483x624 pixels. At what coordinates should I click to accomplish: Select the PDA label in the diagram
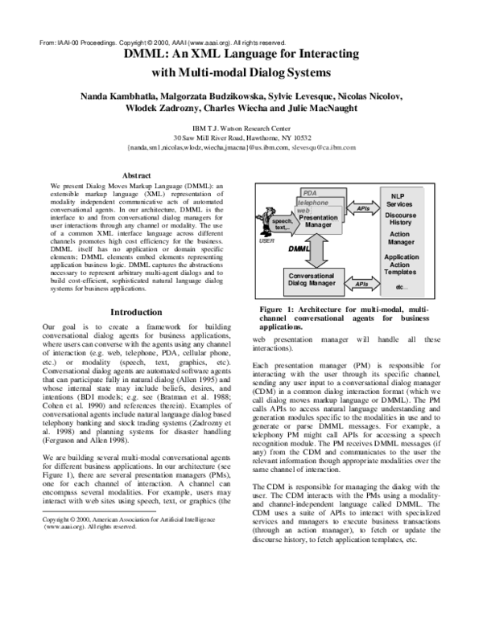click(309, 193)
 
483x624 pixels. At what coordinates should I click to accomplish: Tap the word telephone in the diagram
click(314, 203)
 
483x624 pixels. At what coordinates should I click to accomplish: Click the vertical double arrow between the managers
click(316, 251)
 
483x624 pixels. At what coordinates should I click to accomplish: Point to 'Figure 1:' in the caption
click(278, 310)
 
